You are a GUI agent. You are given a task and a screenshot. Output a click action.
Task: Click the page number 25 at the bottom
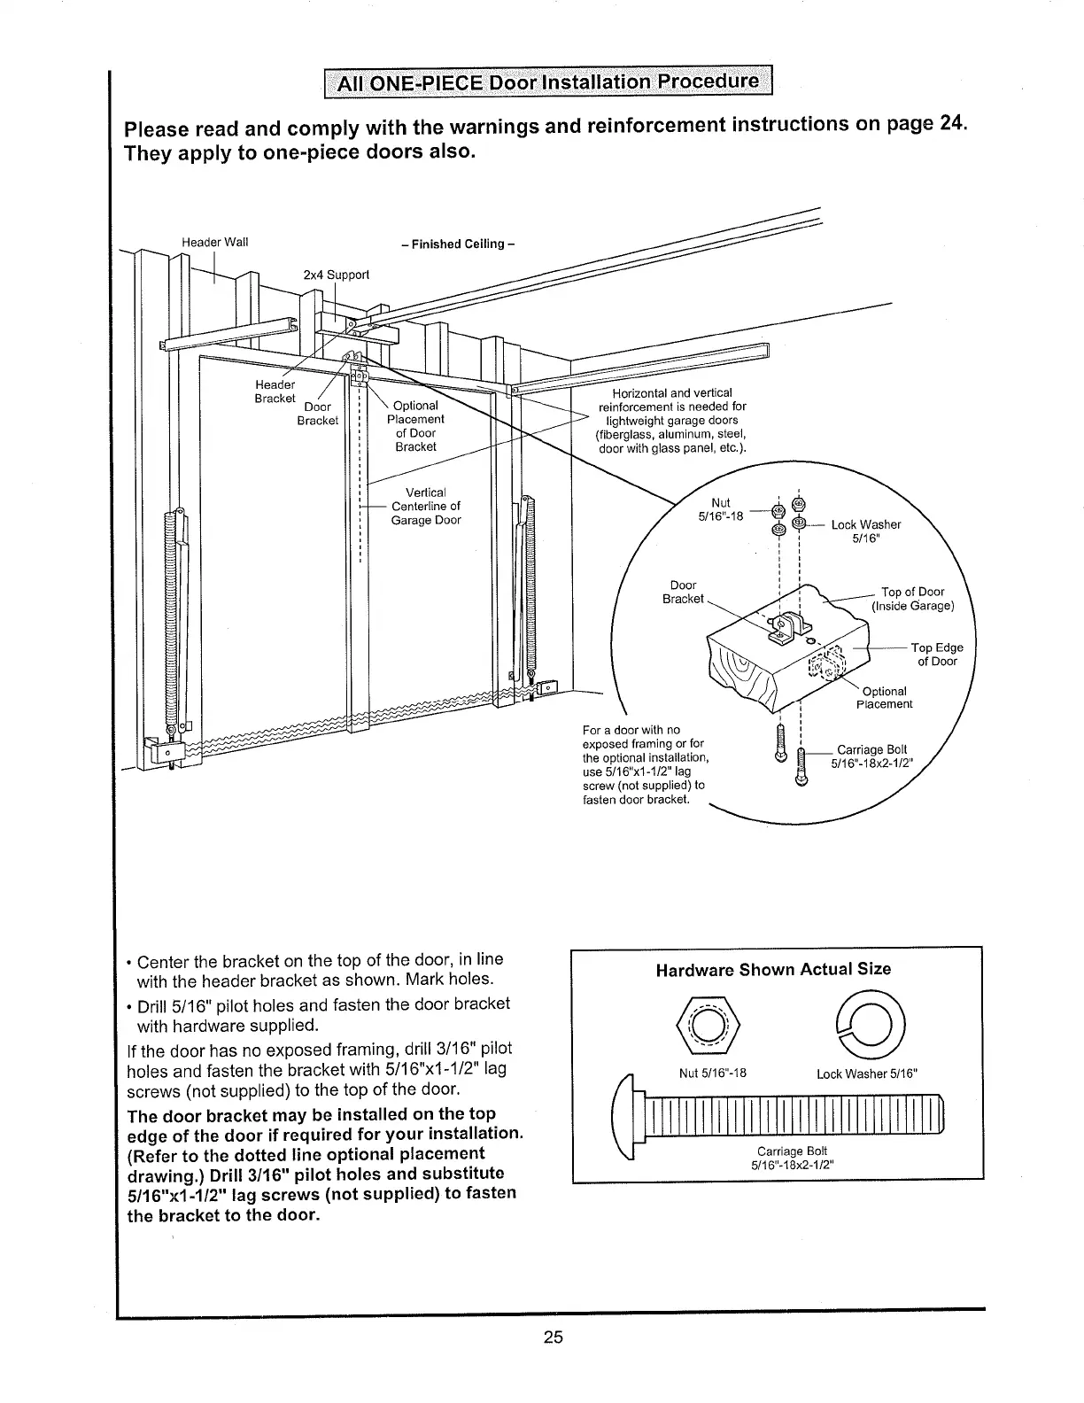554,1337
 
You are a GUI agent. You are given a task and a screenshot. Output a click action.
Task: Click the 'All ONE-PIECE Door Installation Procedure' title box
546,83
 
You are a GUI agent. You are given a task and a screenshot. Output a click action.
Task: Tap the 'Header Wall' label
215,242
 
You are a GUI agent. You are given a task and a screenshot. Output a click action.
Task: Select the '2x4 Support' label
336,275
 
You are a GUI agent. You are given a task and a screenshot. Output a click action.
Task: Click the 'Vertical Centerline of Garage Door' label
426,506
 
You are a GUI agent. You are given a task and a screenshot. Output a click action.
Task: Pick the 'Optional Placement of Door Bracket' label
415,426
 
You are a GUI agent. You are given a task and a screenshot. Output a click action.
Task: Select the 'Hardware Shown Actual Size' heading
773,969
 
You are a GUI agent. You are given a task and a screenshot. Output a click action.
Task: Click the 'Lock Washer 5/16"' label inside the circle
865,531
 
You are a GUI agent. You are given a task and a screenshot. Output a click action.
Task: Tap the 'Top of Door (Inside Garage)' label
913,599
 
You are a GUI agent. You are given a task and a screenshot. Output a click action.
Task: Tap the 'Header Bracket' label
275,391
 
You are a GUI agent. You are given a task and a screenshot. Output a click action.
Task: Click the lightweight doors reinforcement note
672,421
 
